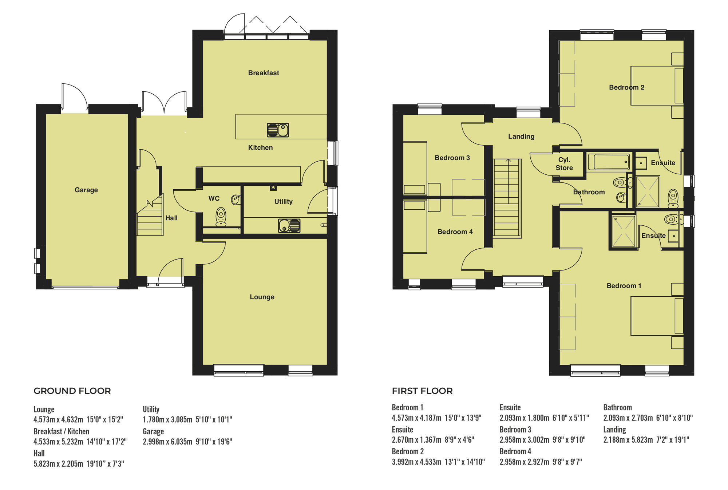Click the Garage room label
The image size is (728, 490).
pos(86,190)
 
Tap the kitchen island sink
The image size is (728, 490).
pos(278,130)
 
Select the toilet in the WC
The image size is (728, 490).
pos(221,217)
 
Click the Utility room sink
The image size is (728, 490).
pos(289,226)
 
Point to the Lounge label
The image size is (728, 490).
pos(262,297)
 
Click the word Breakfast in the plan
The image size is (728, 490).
pos(264,73)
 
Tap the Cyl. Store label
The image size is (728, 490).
pos(564,164)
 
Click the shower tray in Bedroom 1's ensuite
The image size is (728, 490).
pos(624,231)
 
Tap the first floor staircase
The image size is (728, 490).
pos(507,198)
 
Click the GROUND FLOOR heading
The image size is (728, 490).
pos(72,391)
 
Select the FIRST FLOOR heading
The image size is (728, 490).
pos(422,391)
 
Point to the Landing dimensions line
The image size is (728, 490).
pos(646,440)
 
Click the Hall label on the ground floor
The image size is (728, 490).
pos(171,218)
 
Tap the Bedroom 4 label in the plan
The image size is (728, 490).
pos(455,232)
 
